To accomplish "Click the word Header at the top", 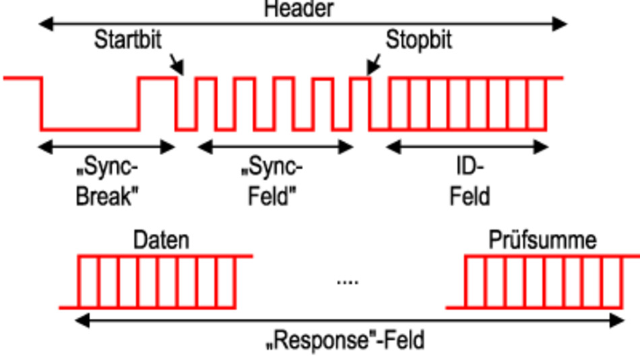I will [x=298, y=9].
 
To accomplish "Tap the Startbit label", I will [x=128, y=40].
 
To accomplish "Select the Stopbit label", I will [x=418, y=40].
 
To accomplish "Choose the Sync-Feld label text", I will [x=271, y=181].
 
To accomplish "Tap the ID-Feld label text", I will [x=470, y=181].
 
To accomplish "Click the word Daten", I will [x=161, y=240].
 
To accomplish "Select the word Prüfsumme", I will [x=542, y=240].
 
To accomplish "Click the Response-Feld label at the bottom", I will [x=346, y=340].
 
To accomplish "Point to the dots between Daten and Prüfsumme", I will [x=347, y=281].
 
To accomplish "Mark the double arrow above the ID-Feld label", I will [x=468, y=146].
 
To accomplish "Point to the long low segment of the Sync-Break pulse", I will [x=90, y=129].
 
